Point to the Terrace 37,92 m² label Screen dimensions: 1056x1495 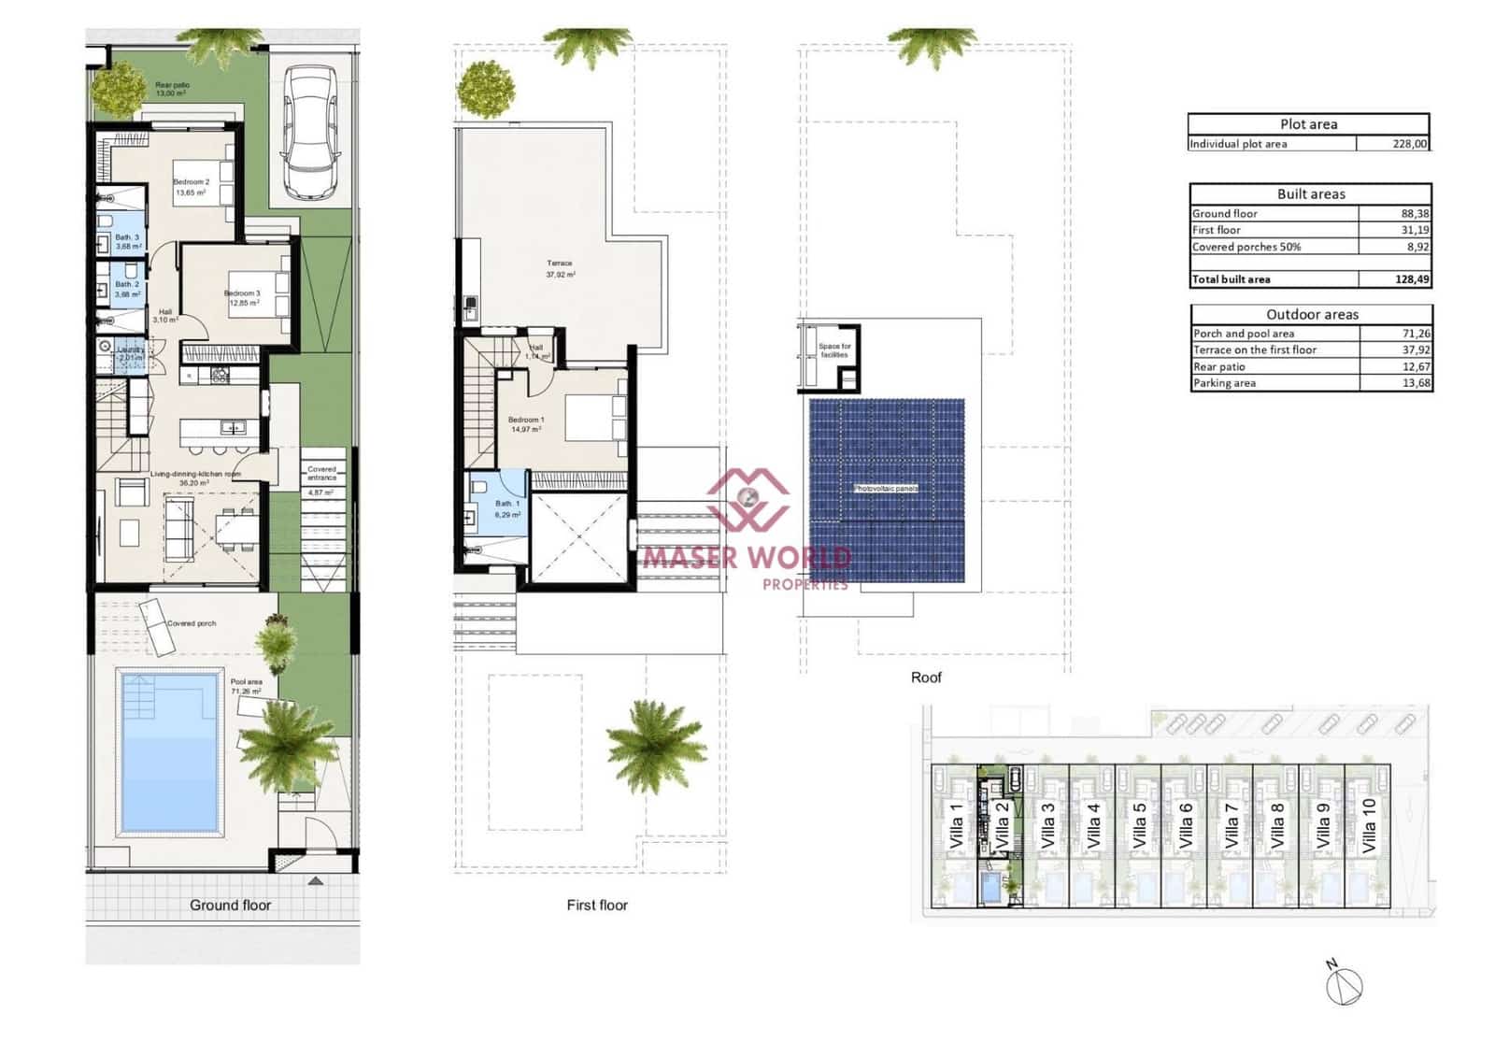point(560,269)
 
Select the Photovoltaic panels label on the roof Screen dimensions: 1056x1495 point(886,489)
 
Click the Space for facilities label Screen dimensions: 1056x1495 point(833,350)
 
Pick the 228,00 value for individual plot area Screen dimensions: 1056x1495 point(1409,144)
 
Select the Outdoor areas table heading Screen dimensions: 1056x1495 point(1312,315)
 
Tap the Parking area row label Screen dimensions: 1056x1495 point(1224,383)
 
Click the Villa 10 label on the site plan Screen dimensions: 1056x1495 point(1369,825)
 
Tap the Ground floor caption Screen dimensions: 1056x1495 point(230,905)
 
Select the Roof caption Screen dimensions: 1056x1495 point(926,678)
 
